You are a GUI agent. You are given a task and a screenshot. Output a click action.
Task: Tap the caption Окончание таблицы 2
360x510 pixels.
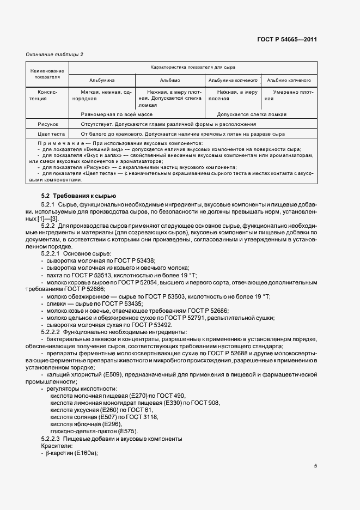pos(55,54)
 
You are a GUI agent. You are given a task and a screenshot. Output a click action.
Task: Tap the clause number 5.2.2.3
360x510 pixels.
pos(52,439)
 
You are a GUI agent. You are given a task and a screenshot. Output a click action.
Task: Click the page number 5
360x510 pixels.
pos(315,466)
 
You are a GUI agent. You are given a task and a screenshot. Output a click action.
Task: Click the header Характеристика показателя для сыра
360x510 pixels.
pos(193,66)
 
